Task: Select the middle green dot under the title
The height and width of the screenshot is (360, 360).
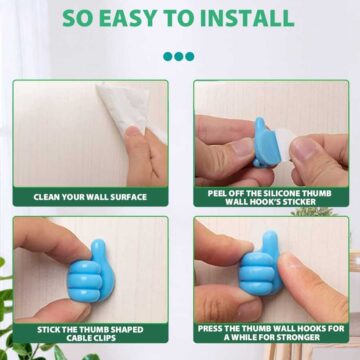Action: click(179, 57)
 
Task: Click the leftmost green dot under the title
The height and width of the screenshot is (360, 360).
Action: click(166, 57)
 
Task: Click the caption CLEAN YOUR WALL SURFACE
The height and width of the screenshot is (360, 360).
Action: click(90, 197)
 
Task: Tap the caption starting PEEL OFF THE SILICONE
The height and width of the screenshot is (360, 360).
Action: click(270, 197)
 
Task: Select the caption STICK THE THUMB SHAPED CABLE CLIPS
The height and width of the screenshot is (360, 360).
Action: click(90, 334)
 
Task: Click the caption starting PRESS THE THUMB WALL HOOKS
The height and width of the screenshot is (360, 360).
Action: click(270, 334)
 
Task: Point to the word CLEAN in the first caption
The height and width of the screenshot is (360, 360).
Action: click(47, 197)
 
